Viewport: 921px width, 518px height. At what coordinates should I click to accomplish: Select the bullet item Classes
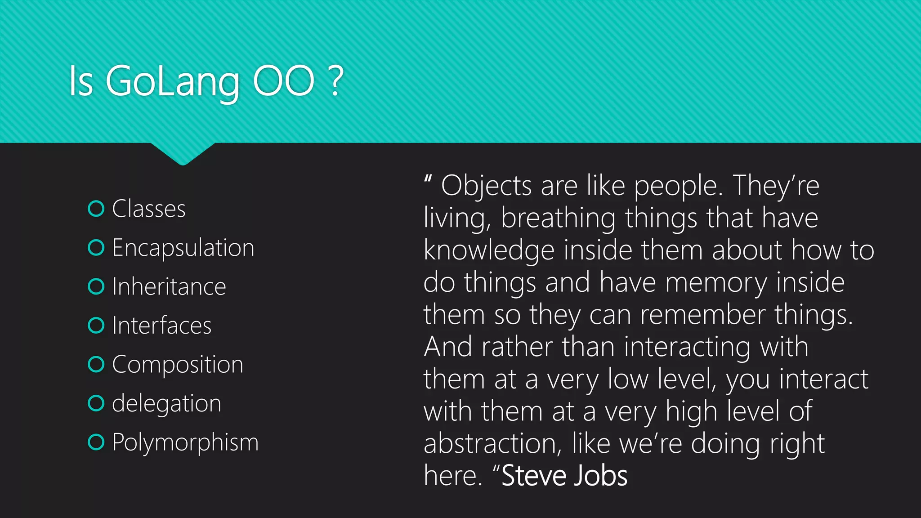pyautogui.click(x=148, y=209)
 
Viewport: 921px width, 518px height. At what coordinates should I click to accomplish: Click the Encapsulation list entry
pyautogui.click(x=183, y=248)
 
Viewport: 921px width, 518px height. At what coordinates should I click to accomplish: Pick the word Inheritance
pyautogui.click(x=169, y=287)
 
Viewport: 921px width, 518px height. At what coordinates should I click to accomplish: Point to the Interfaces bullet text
pyautogui.click(x=161, y=326)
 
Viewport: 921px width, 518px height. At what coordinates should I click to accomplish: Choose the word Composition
pyautogui.click(x=178, y=365)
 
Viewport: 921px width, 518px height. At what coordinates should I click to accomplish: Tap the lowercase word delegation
pyautogui.click(x=166, y=403)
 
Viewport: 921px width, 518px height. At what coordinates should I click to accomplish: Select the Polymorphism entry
pyautogui.click(x=185, y=442)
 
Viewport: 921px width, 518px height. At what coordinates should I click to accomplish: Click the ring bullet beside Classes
pyautogui.click(x=96, y=209)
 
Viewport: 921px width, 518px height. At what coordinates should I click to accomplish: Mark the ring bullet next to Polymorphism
pyautogui.click(x=96, y=442)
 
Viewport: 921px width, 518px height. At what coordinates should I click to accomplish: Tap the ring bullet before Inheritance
pyautogui.click(x=96, y=286)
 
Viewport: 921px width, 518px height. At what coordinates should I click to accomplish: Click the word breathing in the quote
pyautogui.click(x=558, y=219)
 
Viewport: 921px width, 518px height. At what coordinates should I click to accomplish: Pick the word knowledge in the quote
pyautogui.click(x=489, y=250)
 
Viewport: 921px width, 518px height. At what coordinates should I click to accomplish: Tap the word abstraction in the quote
pyautogui.click(x=493, y=444)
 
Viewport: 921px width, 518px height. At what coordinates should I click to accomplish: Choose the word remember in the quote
pyautogui.click(x=702, y=315)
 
